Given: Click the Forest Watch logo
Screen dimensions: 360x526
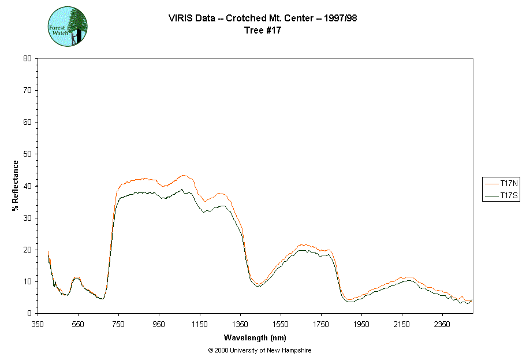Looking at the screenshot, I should [68, 27].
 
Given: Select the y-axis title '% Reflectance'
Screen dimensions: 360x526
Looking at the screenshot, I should [16, 185].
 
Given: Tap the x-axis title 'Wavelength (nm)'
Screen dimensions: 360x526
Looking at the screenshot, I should [255, 337].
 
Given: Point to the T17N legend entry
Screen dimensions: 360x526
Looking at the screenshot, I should [502, 183].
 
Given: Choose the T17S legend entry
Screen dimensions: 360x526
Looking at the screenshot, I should [502, 196].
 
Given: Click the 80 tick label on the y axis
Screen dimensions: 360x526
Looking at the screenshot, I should [27, 58].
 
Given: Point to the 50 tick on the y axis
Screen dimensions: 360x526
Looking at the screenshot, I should [27, 154].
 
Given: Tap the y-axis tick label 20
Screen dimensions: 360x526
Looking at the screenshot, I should [27, 250].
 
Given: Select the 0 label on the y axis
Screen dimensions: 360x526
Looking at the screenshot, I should [29, 313].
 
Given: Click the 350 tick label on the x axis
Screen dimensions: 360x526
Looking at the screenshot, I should [38, 324].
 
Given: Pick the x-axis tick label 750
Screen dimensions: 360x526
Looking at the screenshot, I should [118, 324].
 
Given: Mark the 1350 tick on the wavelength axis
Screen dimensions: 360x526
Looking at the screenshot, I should [240, 324].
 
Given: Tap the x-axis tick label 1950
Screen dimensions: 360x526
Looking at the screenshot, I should [361, 324].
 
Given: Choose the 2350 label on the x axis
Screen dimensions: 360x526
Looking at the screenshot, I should [442, 324].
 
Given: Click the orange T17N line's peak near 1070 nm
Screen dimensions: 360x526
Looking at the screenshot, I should [184, 175].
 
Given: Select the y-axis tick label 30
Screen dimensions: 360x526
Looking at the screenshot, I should [27, 218].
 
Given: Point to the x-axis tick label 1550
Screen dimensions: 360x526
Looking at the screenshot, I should [281, 324].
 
